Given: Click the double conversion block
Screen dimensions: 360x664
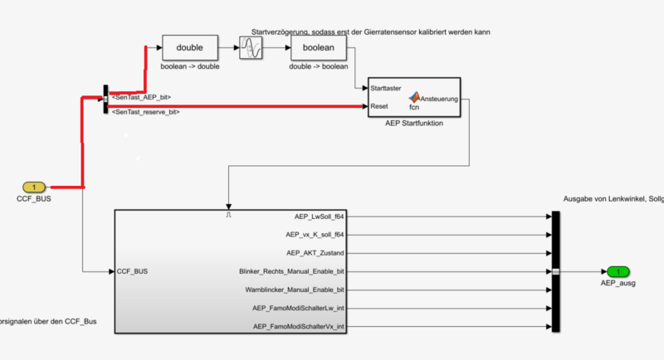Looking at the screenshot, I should pyautogui.click(x=190, y=47).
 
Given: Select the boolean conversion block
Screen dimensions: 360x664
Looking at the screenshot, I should pyautogui.click(x=319, y=47).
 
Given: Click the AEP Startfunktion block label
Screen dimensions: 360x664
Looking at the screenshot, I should pyautogui.click(x=413, y=124).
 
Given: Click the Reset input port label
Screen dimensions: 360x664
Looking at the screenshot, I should pyautogui.click(x=380, y=106).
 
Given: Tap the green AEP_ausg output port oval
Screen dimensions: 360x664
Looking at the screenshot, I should pyautogui.click(x=618, y=271).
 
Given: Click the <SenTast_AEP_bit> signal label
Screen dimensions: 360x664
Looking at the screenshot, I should pyautogui.click(x=141, y=97).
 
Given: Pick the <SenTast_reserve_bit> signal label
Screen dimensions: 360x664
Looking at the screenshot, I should pyautogui.click(x=146, y=111).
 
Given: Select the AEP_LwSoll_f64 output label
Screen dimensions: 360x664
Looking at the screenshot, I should pyautogui.click(x=319, y=216).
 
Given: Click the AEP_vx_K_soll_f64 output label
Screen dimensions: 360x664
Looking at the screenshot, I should pyautogui.click(x=314, y=235).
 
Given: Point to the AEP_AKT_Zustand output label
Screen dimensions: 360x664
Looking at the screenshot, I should pyautogui.click(x=315, y=253).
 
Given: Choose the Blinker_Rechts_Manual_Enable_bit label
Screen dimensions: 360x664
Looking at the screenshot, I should pyautogui.click(x=291, y=271).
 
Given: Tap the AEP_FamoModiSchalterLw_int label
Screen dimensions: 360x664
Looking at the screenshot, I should pyautogui.click(x=298, y=309).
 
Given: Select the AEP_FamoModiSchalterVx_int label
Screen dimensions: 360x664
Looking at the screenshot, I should pyautogui.click(x=298, y=327).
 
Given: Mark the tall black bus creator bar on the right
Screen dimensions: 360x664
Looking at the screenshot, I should pyautogui.click(x=556, y=271).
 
